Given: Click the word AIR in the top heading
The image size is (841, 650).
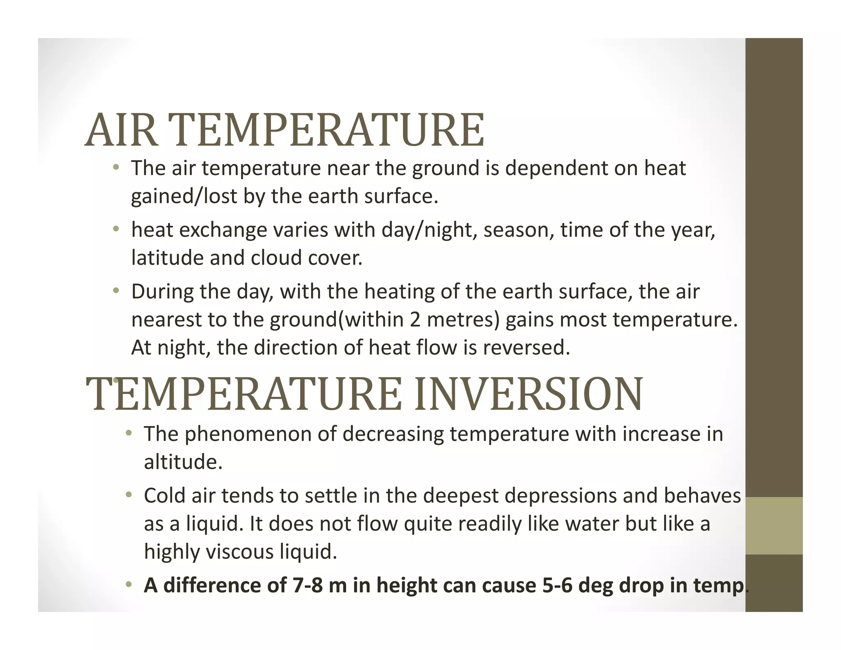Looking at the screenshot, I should tap(122, 130).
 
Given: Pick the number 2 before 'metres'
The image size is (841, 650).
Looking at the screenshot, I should tap(415, 320).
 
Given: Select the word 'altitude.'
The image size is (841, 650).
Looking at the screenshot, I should tap(183, 462).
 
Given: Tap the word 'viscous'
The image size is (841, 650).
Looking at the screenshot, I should tap(239, 551).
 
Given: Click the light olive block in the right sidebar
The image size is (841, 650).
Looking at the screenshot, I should tap(774, 526).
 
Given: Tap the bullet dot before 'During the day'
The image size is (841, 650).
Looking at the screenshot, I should tap(116, 291).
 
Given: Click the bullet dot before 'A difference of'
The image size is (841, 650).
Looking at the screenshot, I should tap(129, 585).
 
